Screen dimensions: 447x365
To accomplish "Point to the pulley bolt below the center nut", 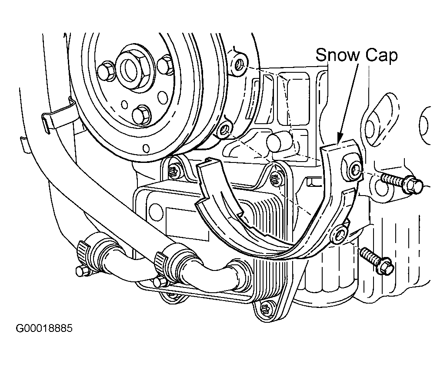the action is point(141,114).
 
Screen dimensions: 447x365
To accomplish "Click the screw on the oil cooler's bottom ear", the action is point(265,311).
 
